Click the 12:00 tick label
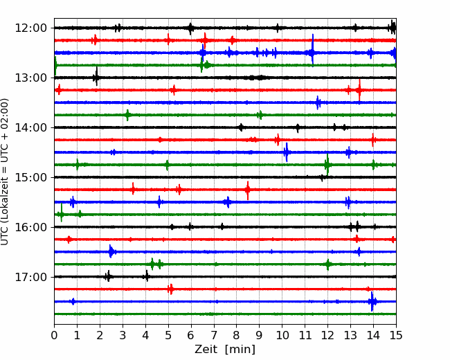coord(30,28)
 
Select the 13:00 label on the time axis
coord(30,78)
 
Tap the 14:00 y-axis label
coord(30,127)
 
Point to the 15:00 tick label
coord(30,177)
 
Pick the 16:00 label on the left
coord(30,227)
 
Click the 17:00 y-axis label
coord(30,277)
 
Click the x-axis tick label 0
coord(54,335)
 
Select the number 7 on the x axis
coord(214,335)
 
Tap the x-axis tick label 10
coord(282,335)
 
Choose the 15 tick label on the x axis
coord(396,335)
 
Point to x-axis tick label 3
coord(123,335)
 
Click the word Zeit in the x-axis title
coord(206,349)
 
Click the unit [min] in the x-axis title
coord(240,350)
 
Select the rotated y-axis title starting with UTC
coord(5,172)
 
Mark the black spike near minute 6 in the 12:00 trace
coord(190,28)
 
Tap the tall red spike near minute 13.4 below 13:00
coord(359,90)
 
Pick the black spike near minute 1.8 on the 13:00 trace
coord(96,76)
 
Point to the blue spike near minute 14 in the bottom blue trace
coord(372,301)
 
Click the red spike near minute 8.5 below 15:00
coord(248,190)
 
